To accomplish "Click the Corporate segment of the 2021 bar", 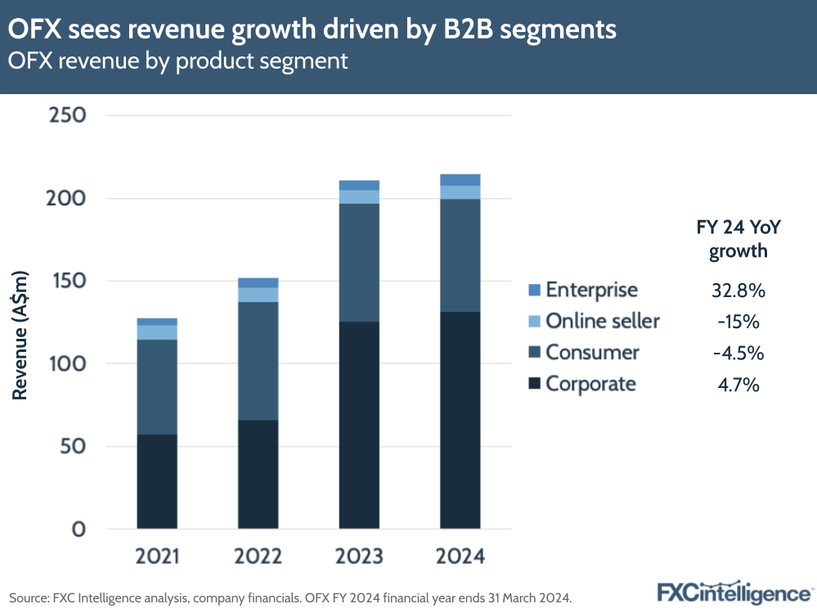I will click(157, 481).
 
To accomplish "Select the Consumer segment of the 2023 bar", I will click(359, 262).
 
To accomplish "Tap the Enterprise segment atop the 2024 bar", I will click(460, 180).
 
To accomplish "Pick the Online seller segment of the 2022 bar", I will click(258, 295).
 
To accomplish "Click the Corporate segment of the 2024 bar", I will click(460, 420).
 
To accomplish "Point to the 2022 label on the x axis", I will click(258, 557).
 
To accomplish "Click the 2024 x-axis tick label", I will click(460, 557).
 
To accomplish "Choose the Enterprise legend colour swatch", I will click(535, 290).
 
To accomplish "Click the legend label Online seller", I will click(602, 321).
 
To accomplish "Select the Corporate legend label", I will click(590, 384).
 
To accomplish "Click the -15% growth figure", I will click(738, 321).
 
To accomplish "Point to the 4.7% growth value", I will click(738, 384).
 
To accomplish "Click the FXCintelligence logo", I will click(733, 592).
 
